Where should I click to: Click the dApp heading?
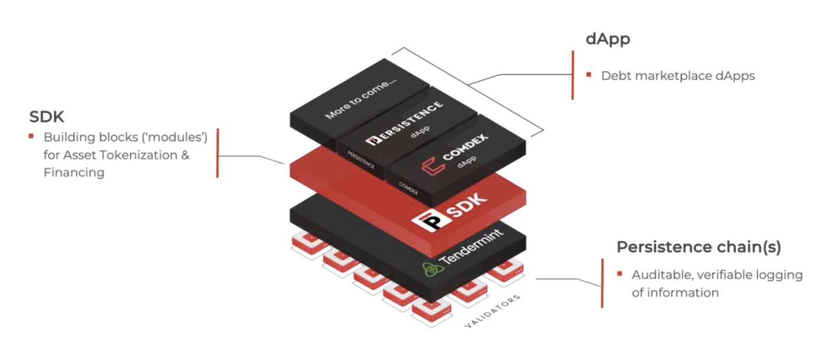pyautogui.click(x=608, y=39)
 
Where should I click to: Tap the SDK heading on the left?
pyautogui.click(x=47, y=117)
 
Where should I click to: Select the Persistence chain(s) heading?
pyautogui.click(x=699, y=247)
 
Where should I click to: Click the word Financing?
pyautogui.click(x=74, y=172)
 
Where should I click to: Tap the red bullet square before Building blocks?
pyautogui.click(x=31, y=136)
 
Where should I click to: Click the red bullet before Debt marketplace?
pyautogui.click(x=589, y=75)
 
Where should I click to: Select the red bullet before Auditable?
pyautogui.click(x=620, y=274)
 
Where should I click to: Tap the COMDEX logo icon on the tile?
pyautogui.click(x=432, y=166)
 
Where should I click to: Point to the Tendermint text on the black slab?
pyautogui.click(x=471, y=247)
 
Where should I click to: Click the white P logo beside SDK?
pyautogui.click(x=430, y=221)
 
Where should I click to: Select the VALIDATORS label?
pyautogui.click(x=492, y=311)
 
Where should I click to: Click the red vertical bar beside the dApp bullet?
pyautogui.click(x=573, y=75)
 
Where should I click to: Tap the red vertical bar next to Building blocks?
pyautogui.click(x=217, y=153)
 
